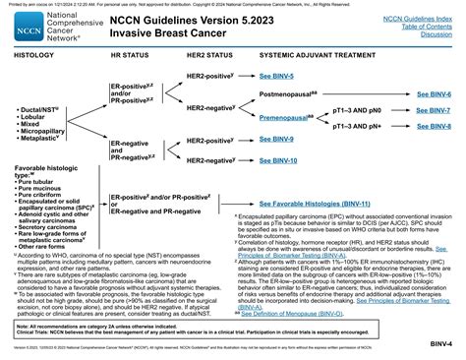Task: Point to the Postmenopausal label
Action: (x=262, y=92)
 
